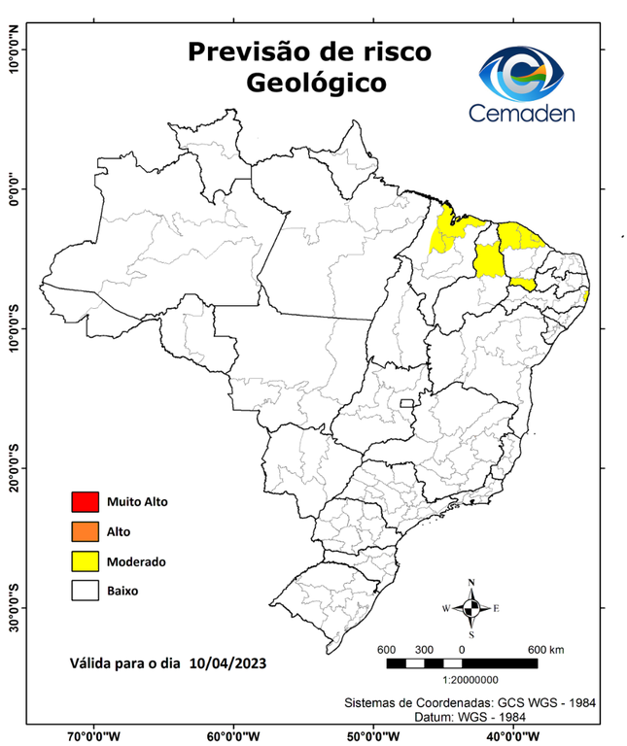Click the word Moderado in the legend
[137, 561]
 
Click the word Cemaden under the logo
[522, 113]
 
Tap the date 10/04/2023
[228, 663]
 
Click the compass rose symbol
[471, 608]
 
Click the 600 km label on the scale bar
[545, 649]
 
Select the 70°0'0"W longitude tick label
[94, 736]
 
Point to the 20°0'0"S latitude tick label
[14, 467]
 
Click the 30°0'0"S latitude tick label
[14, 607]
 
